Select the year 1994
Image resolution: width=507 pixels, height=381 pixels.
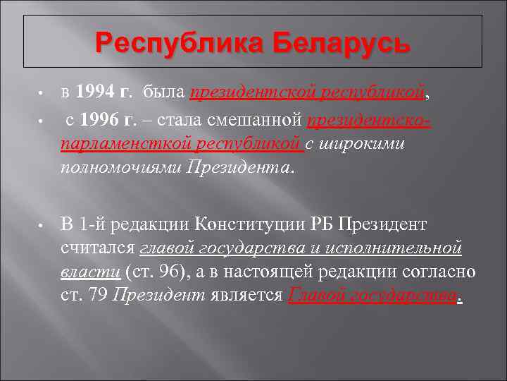pyautogui.click(x=94, y=91)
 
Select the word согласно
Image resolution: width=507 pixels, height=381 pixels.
pyautogui.click(x=441, y=272)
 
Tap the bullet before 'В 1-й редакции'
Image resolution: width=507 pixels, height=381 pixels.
pyautogui.click(x=42, y=226)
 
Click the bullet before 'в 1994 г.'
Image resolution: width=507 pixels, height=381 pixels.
pyautogui.click(x=42, y=92)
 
